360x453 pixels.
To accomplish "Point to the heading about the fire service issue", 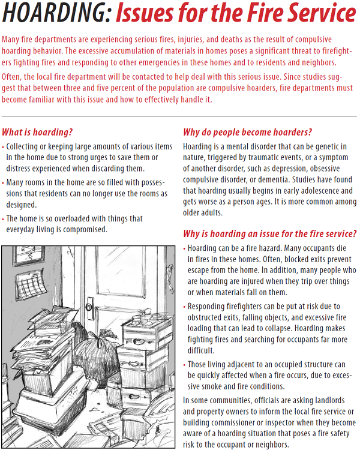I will click(269, 233).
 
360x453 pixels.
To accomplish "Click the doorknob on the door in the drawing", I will click(90, 304).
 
